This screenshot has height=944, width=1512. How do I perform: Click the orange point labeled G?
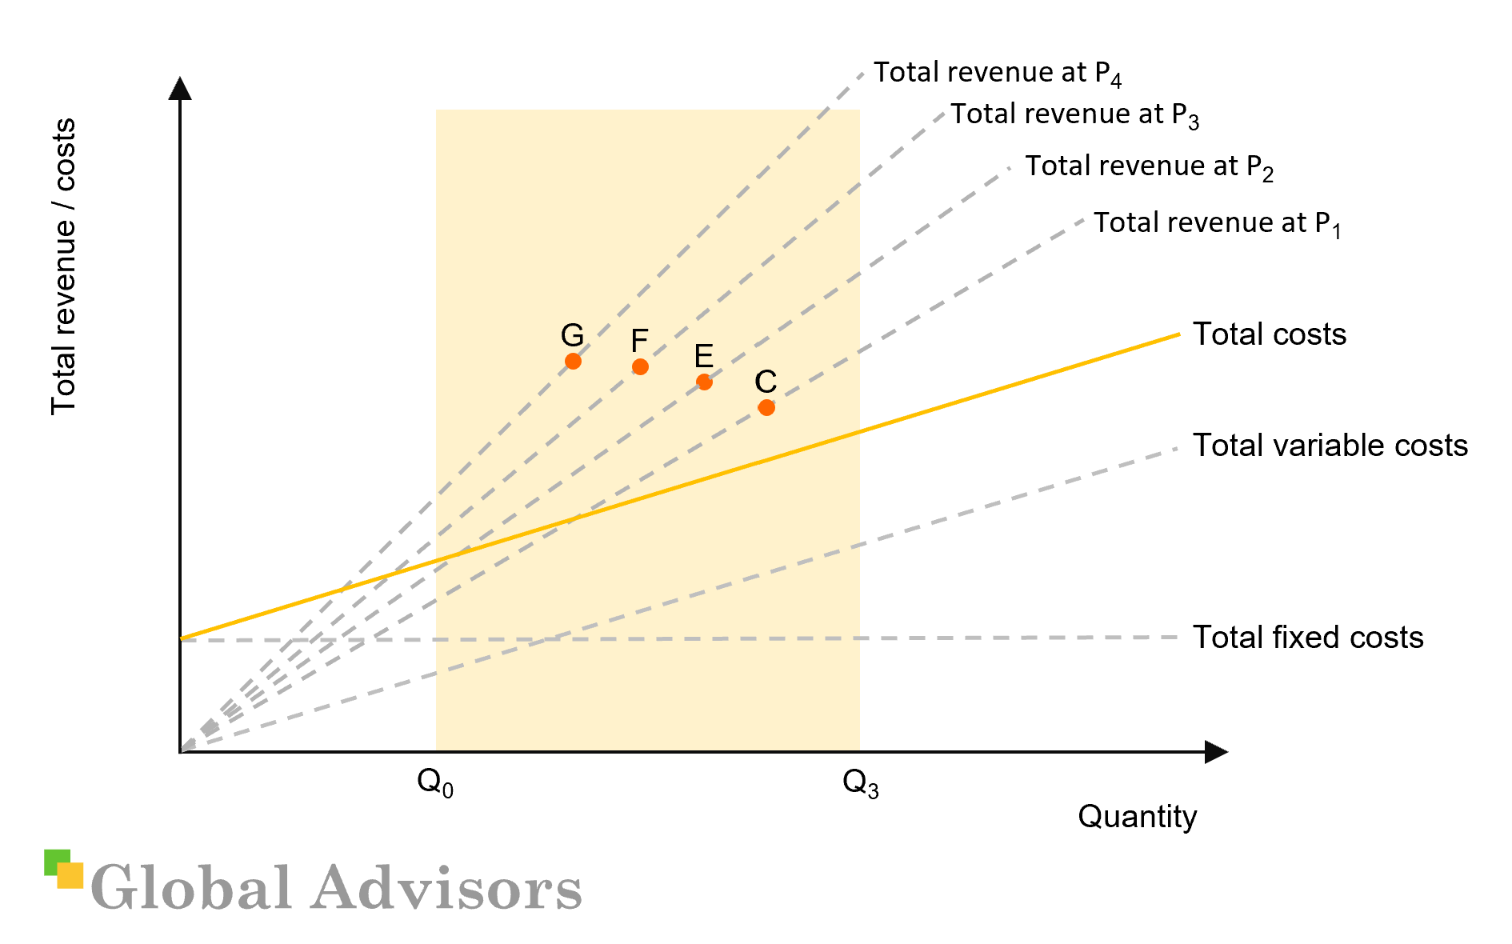(573, 362)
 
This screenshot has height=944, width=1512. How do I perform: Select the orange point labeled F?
(640, 367)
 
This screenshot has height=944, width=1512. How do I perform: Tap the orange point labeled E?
(704, 382)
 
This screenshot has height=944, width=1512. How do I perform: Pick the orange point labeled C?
(766, 408)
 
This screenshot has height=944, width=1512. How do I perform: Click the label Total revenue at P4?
(997, 73)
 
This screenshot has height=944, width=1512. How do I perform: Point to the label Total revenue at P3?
(1074, 114)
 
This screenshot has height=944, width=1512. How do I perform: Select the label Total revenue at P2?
(1149, 166)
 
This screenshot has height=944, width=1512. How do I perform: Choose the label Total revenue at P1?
(1217, 223)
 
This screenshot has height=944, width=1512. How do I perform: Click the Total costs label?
(1270, 334)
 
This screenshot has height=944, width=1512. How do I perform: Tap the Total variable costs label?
(1330, 446)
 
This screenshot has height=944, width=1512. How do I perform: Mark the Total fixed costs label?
(1308, 638)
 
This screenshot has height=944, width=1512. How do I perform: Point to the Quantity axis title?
(1137, 817)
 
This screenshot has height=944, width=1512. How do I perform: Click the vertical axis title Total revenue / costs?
(63, 266)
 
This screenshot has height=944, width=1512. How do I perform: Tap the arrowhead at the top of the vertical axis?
(180, 88)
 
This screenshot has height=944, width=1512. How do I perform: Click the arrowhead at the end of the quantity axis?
(1215, 752)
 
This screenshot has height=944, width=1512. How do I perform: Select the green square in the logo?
(54, 858)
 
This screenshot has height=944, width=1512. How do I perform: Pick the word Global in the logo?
(191, 888)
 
